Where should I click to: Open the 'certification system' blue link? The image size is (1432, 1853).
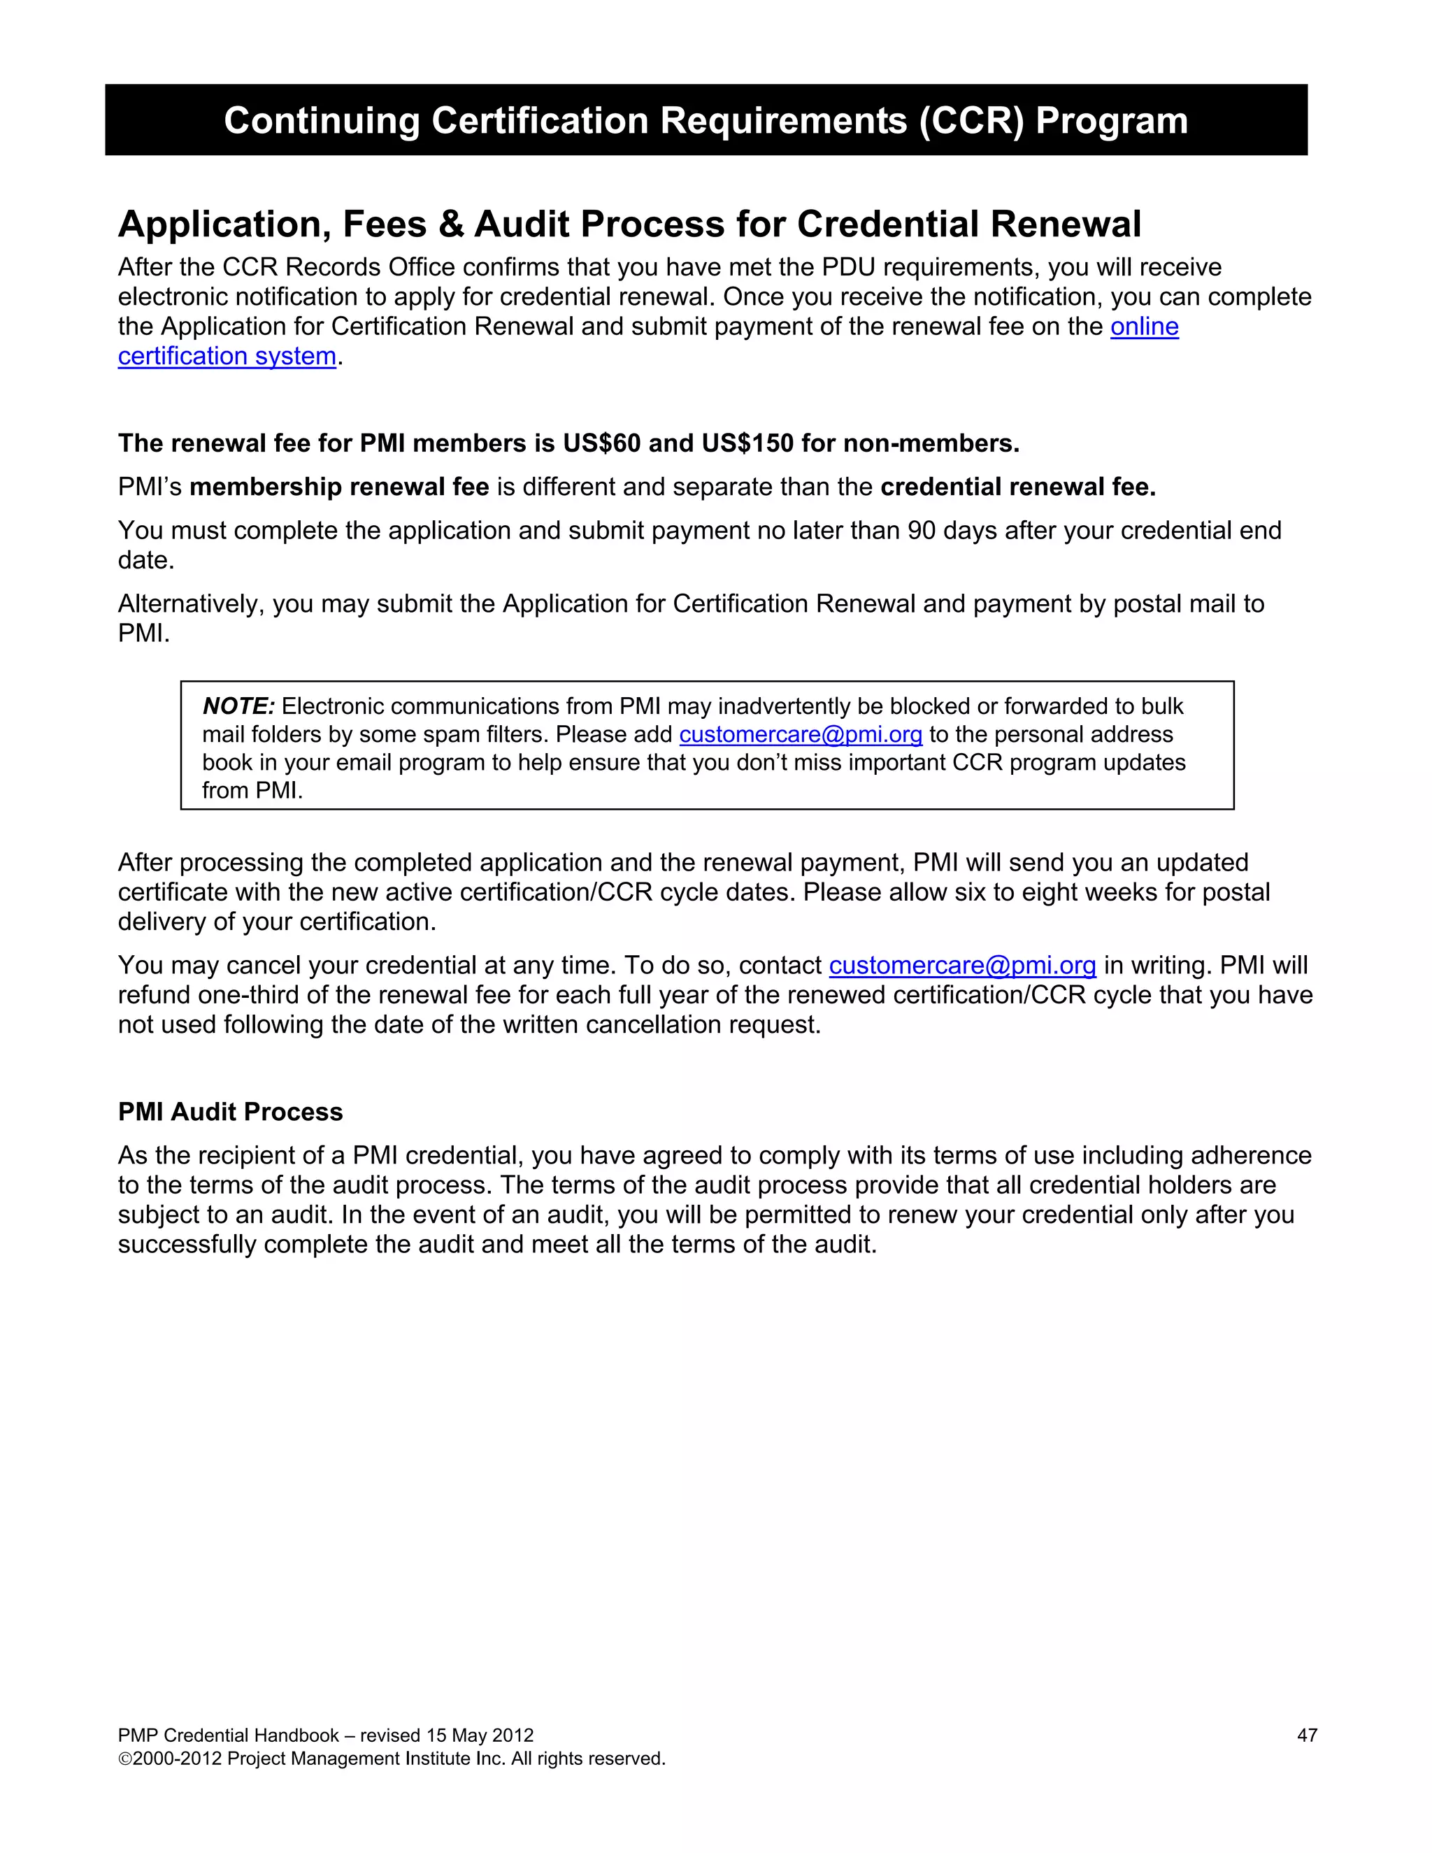pyautogui.click(x=227, y=357)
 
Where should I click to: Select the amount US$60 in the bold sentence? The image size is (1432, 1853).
pyautogui.click(x=601, y=444)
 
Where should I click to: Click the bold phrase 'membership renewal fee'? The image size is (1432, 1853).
pyautogui.click(x=338, y=487)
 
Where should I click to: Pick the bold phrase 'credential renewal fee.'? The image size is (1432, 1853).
pyautogui.click(x=1018, y=487)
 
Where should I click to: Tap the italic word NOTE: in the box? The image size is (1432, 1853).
pyautogui.click(x=238, y=707)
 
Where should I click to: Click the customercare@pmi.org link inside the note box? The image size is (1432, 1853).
pyautogui.click(x=800, y=735)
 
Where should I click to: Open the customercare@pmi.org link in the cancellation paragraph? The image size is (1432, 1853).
pyautogui.click(x=962, y=966)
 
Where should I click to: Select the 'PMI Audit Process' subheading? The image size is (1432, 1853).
pyautogui.click(x=230, y=1112)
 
